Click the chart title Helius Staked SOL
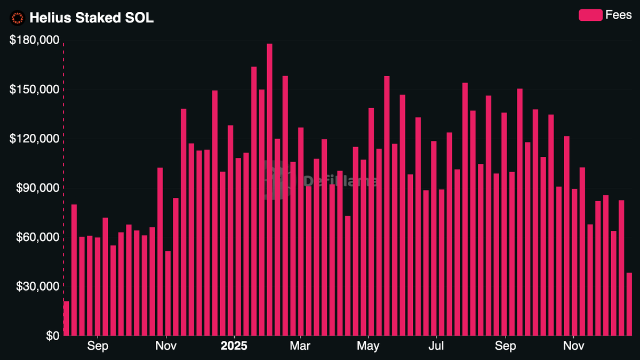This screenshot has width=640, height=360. click(91, 18)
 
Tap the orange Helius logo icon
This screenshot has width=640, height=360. click(18, 18)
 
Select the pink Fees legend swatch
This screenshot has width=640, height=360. click(590, 15)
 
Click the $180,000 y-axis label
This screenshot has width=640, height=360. click(34, 40)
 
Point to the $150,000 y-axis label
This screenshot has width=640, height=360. click(34, 89)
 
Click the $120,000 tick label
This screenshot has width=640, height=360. click(34, 139)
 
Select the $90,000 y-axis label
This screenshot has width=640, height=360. click(36, 188)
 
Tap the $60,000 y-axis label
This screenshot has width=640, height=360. click(36, 237)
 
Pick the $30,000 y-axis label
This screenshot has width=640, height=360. click(36, 286)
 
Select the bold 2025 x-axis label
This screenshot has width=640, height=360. click(234, 347)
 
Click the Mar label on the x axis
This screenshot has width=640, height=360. click(300, 347)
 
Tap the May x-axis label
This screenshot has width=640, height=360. click(368, 347)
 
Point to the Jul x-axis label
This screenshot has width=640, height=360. click(436, 347)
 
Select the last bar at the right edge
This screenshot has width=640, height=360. click(629, 304)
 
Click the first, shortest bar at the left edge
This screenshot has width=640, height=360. click(66, 318)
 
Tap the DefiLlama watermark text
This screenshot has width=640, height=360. click(341, 181)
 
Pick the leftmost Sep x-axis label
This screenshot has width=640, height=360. click(98, 347)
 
